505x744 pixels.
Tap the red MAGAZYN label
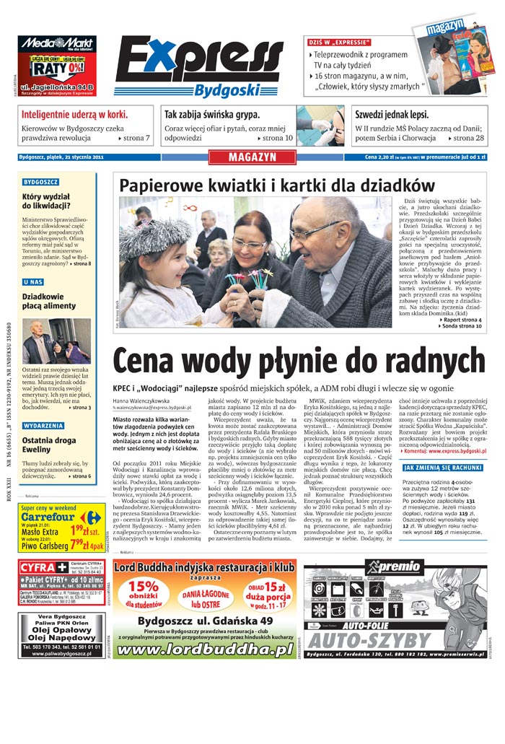point(252,157)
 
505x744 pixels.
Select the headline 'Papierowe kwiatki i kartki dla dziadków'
point(276,184)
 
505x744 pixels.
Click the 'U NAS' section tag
point(34,282)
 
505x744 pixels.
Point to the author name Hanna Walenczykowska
point(141,399)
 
